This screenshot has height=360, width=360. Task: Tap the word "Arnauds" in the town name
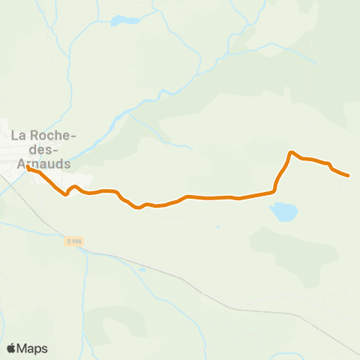pyautogui.click(x=42, y=162)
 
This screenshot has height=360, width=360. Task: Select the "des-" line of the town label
pyautogui.click(x=42, y=149)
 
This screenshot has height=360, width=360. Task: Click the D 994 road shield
pyautogui.click(x=73, y=241)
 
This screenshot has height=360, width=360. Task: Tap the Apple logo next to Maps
pyautogui.click(x=11, y=348)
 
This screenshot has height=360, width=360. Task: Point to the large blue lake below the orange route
pyautogui.click(x=283, y=212)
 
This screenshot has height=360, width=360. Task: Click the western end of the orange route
pyautogui.click(x=28, y=167)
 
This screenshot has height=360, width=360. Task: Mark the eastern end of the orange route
pyautogui.click(x=349, y=175)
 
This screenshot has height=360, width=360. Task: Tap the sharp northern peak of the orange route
pyautogui.click(x=291, y=152)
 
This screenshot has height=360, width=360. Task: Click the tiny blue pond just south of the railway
pyautogui.click(x=142, y=269)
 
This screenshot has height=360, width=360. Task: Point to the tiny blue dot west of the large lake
pyautogui.click(x=218, y=226)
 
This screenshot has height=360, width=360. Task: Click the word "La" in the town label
pyautogui.click(x=19, y=136)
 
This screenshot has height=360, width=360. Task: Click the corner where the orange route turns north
pyautogui.click(x=273, y=191)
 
